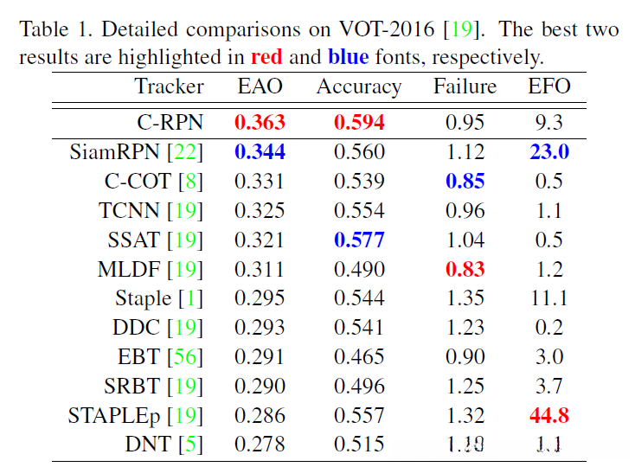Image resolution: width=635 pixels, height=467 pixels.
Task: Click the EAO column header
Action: pos(260,86)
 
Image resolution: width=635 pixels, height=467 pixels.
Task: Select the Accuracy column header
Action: pos(358,87)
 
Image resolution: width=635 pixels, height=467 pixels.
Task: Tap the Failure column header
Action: pos(465,86)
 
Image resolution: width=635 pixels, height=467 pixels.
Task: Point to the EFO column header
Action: pos(549,86)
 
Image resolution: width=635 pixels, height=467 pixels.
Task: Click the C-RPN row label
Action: pos(170,122)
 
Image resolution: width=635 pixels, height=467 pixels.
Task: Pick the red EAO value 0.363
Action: pos(260,122)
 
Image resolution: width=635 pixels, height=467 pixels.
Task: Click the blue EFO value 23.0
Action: pos(549,152)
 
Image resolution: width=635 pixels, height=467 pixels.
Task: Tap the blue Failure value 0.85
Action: pos(465,182)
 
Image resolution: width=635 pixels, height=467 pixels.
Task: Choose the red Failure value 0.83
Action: pos(465,270)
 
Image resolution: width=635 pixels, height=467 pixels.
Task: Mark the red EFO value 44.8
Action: pos(549,416)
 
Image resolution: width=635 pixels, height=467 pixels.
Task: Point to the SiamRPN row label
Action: pos(115,152)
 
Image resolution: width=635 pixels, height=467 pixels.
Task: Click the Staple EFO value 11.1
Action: pos(549,299)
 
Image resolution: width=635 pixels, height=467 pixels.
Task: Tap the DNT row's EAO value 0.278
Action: pos(260,445)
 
